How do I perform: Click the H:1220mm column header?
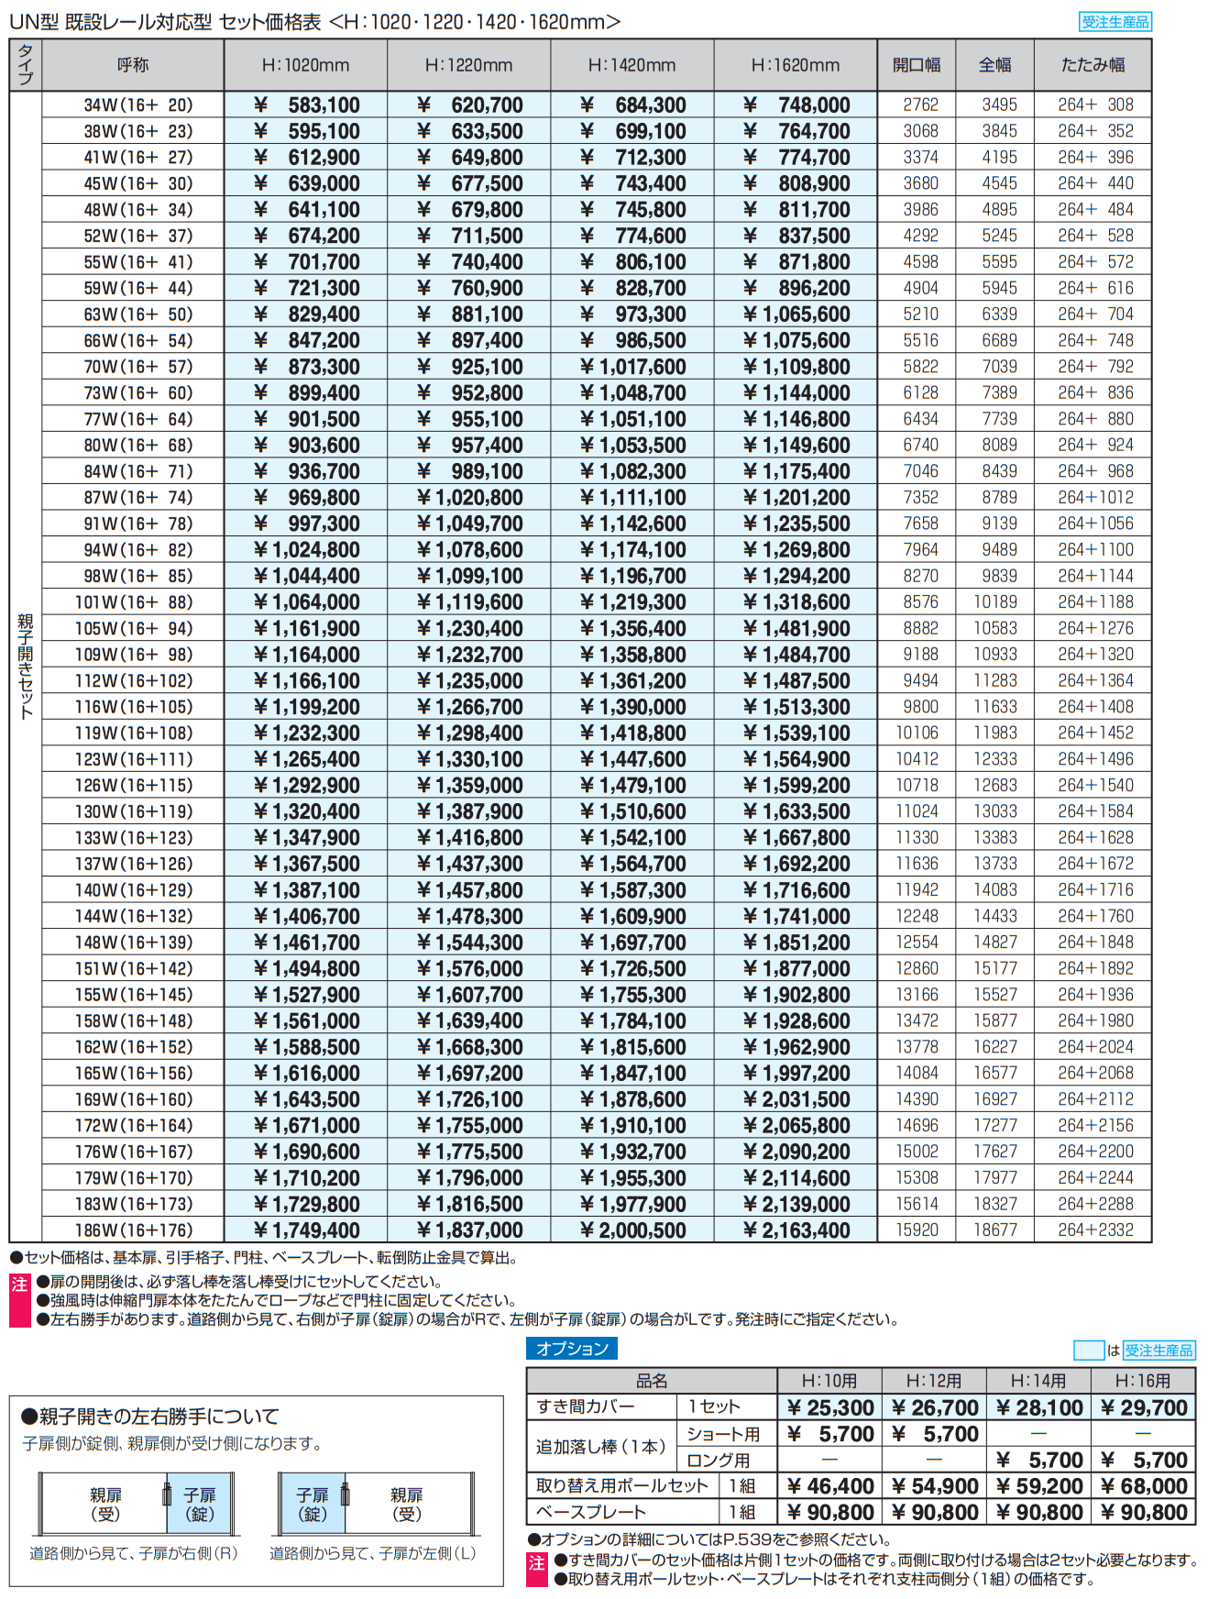(x=468, y=65)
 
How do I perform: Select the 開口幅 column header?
(x=916, y=65)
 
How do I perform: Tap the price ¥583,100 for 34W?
(x=306, y=105)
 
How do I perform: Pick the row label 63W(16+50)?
(x=137, y=314)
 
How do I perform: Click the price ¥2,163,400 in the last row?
(x=796, y=1230)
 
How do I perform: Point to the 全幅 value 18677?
(x=994, y=1230)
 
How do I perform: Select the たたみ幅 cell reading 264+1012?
(x=1094, y=497)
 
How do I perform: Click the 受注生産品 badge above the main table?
(x=1115, y=22)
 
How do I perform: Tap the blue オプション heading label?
(x=572, y=1348)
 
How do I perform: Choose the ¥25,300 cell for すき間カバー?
(x=829, y=1407)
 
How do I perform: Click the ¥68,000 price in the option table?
(x=1143, y=1486)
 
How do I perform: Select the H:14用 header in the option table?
(x=1038, y=1381)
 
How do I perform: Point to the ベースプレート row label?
(x=591, y=1512)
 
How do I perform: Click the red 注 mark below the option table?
(x=536, y=1563)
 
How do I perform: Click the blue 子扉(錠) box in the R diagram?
(x=199, y=1504)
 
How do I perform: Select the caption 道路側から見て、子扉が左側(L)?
(x=372, y=1553)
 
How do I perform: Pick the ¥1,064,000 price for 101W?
(x=306, y=602)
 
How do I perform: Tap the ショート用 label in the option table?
(x=723, y=1434)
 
